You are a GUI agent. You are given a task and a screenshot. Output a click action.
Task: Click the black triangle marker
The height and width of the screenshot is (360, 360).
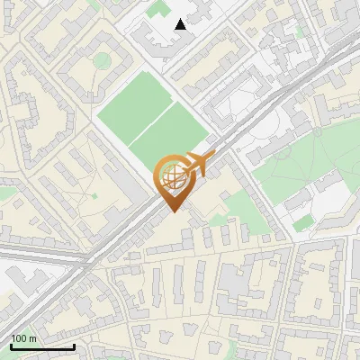point(181,24)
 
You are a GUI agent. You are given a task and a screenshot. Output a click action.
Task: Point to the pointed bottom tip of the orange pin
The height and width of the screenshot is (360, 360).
point(173,212)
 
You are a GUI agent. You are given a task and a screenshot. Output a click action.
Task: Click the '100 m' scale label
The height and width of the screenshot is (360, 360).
point(23,338)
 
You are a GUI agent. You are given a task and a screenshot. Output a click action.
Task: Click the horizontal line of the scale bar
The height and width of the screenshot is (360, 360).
point(42,346)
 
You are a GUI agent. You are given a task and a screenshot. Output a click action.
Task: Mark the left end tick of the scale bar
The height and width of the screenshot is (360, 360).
point(11,345)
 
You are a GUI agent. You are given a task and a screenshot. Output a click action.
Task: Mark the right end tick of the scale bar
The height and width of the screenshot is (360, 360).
point(74,345)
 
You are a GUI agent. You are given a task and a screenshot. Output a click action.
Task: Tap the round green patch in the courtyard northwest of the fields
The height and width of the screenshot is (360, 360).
point(103,60)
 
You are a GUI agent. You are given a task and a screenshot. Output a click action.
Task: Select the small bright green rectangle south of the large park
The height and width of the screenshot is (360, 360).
point(303,221)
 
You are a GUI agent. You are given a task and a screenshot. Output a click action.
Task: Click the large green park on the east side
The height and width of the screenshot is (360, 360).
point(306,162)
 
